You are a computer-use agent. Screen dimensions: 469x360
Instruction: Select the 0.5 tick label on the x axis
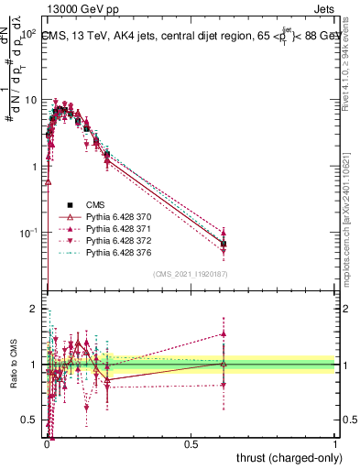click(x=191, y=442)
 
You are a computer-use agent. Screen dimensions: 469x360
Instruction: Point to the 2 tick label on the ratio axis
click(x=36, y=310)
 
